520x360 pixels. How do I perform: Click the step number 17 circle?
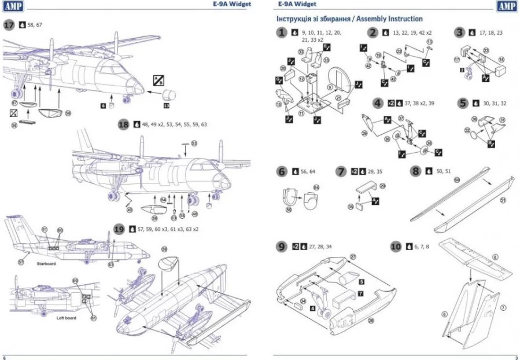click(10, 25)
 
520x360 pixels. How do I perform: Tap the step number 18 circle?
click(123, 124)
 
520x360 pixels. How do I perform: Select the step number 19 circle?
click(120, 229)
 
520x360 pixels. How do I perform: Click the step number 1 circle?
click(282, 33)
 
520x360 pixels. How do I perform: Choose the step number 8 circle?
click(415, 171)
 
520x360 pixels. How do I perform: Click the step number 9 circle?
click(282, 247)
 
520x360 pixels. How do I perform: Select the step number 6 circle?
click(282, 171)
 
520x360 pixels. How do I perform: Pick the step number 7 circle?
click(342, 171)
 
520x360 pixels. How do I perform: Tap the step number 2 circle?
click(373, 33)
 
